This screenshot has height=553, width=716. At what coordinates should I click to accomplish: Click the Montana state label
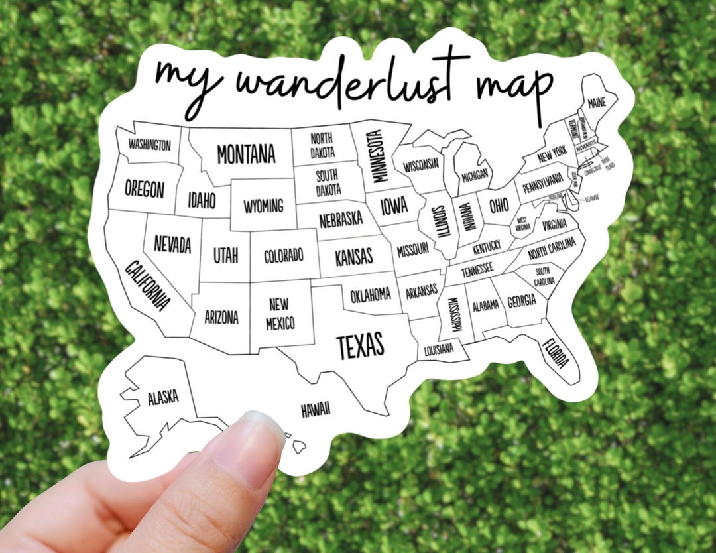[246, 154]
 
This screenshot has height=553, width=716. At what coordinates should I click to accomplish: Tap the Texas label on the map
[360, 345]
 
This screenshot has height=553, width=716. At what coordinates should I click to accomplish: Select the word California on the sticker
[148, 286]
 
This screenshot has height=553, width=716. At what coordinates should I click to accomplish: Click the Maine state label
[596, 104]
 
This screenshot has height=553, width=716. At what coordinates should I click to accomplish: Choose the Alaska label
[162, 397]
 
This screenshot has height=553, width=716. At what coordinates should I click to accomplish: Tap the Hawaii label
[316, 410]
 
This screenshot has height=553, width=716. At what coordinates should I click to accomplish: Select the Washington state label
[149, 145]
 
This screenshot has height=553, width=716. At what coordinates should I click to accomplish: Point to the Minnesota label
[377, 156]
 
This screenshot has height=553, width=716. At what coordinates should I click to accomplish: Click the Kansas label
[353, 257]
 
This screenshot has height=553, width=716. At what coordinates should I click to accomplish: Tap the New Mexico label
[280, 314]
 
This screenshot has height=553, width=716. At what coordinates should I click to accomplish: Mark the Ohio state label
[499, 205]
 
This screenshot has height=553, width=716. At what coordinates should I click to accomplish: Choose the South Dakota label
[328, 183]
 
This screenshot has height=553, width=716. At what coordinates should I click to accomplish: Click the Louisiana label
[438, 349]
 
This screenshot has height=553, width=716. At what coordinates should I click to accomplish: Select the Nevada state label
[172, 244]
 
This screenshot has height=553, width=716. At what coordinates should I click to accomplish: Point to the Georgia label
[522, 301]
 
